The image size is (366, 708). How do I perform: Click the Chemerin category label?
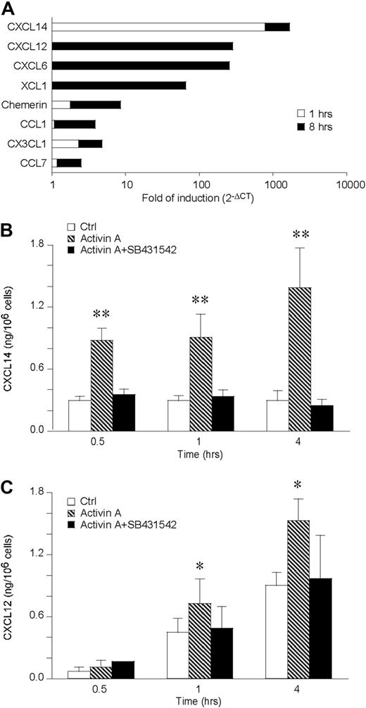pyautogui.click(x=26, y=105)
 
